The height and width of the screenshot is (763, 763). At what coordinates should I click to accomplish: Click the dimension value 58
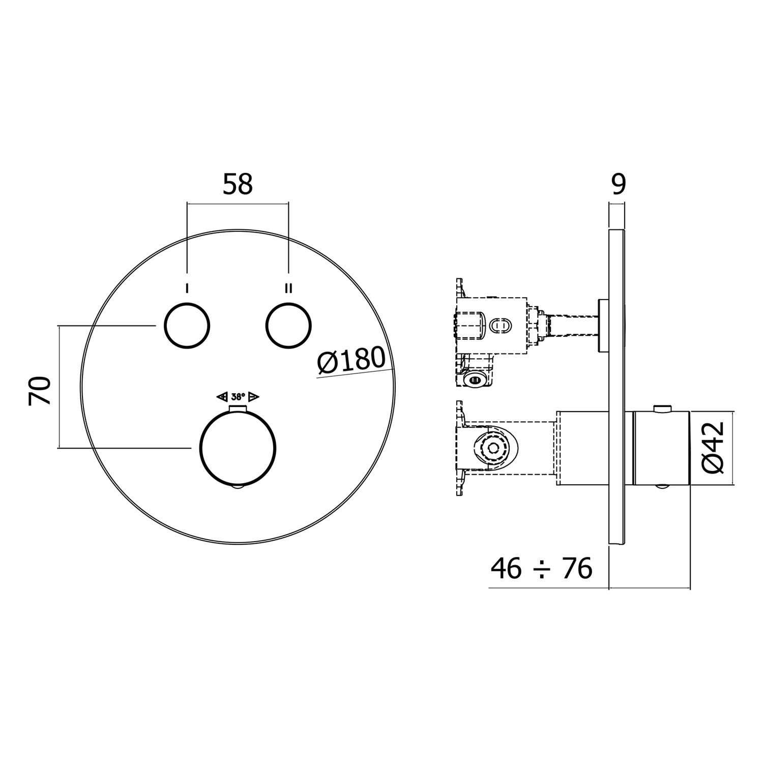[238, 185]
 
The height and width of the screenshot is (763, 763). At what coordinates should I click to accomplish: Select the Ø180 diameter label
[351, 361]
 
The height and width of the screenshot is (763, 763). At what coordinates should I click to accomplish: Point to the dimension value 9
[618, 185]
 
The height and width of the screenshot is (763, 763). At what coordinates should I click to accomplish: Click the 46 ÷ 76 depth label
[541, 569]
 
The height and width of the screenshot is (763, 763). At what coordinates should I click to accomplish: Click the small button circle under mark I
[187, 326]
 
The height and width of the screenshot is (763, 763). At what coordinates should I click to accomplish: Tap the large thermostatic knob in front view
[239, 448]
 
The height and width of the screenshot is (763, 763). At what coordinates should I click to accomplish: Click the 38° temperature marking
[238, 397]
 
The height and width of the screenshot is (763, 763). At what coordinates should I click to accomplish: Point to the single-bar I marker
[187, 288]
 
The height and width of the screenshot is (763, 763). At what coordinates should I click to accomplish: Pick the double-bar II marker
[289, 288]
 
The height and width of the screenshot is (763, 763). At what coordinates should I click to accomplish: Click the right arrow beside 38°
[254, 397]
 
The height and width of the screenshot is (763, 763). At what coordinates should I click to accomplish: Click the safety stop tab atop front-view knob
[238, 410]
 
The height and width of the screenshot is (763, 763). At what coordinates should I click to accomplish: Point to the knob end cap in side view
[661, 448]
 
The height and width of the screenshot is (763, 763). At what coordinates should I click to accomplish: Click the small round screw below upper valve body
[476, 379]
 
